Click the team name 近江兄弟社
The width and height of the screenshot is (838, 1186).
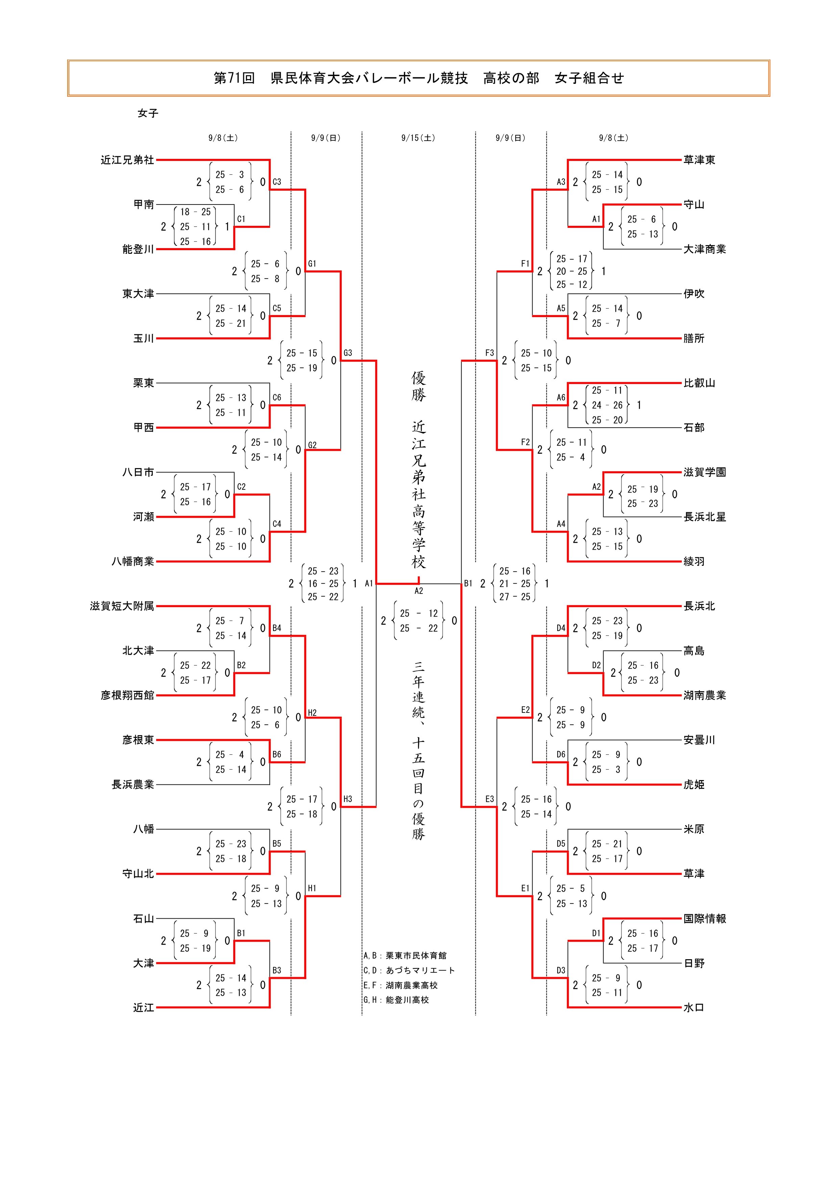(127, 160)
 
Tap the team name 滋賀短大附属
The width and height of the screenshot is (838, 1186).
(122, 606)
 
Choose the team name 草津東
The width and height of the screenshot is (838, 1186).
(699, 160)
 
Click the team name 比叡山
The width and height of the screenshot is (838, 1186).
(699, 383)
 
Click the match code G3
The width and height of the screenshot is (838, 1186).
(347, 353)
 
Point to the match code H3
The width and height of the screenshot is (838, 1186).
(347, 799)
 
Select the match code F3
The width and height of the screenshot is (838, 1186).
(490, 353)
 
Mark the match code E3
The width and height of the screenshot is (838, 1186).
(490, 799)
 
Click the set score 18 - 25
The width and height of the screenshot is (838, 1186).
(195, 212)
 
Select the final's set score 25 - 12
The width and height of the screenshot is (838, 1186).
(418, 614)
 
